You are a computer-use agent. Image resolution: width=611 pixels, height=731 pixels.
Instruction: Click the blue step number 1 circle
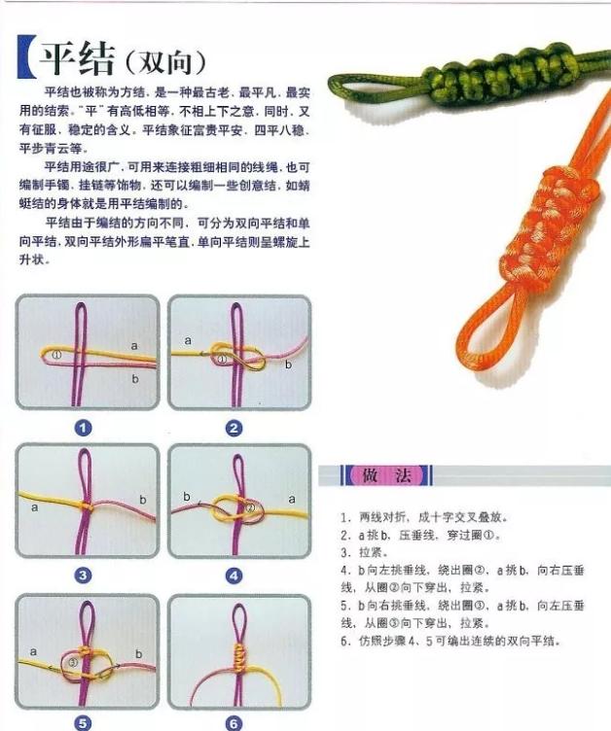pos(84,428)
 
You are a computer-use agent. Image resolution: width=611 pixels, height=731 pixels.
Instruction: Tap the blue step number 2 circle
pos(234,428)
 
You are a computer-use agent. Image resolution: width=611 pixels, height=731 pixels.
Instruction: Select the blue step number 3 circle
pos(84,575)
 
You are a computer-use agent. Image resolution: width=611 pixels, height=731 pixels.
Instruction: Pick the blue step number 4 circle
pos(234,575)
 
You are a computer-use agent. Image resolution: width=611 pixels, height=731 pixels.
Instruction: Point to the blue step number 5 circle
pos(84,722)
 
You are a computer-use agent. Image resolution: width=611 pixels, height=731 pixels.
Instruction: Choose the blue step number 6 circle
pos(234,722)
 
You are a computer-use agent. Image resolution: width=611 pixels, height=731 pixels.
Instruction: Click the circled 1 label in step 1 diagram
pos(56,356)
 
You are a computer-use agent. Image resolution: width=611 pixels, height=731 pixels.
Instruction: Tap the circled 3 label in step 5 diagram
pos(71,662)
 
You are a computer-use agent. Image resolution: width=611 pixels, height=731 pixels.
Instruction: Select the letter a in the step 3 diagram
pos(34,506)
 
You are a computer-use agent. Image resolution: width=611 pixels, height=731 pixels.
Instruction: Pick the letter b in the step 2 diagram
pos(288,365)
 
